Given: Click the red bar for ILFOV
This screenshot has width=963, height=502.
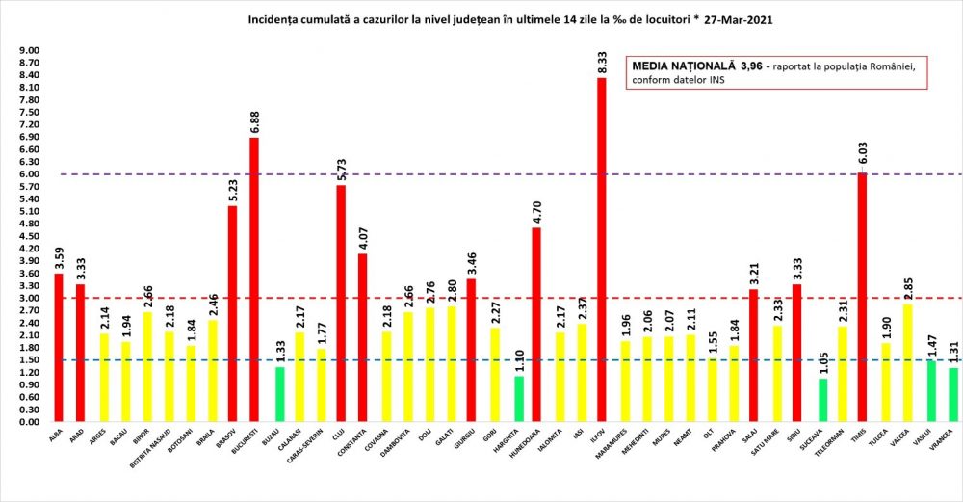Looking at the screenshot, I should (x=601, y=250).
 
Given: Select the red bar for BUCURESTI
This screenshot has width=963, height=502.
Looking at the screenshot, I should (x=254, y=279).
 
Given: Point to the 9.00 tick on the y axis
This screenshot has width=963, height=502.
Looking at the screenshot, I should (x=29, y=50).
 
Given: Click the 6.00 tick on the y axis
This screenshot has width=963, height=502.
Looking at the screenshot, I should (x=29, y=174).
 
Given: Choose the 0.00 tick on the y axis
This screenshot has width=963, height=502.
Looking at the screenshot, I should (x=29, y=422).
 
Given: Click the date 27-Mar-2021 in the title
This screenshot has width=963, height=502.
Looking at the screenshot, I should (x=738, y=18).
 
